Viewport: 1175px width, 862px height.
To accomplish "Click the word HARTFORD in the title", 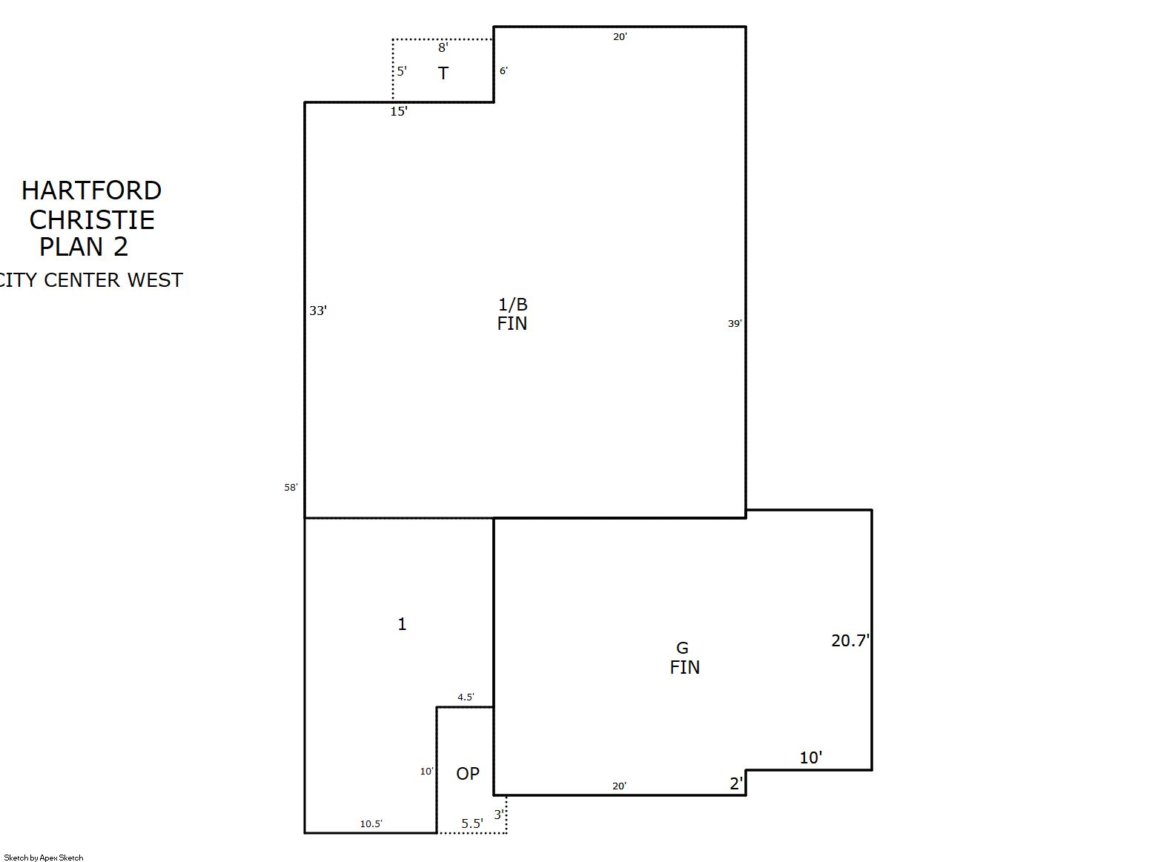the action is pyautogui.click(x=91, y=190).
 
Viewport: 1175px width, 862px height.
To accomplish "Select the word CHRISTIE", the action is pyautogui.click(x=92, y=219).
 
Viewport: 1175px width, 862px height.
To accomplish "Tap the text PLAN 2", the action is pyautogui.click(x=84, y=247).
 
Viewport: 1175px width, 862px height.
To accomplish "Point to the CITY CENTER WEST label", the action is pyautogui.click(x=90, y=280).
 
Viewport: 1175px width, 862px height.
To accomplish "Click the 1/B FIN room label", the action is pyautogui.click(x=512, y=314).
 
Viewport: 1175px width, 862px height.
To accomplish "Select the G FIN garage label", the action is pyautogui.click(x=684, y=658).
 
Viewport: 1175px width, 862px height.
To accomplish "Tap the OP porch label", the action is pyautogui.click(x=468, y=773).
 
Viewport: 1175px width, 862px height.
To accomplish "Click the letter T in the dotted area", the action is pyautogui.click(x=443, y=73).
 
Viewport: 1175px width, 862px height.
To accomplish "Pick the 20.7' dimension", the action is pyautogui.click(x=850, y=640).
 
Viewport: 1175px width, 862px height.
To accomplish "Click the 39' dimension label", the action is pyautogui.click(x=735, y=323).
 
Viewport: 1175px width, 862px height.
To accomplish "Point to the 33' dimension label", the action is pyautogui.click(x=318, y=311).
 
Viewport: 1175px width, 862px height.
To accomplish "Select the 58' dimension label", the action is pyautogui.click(x=291, y=487).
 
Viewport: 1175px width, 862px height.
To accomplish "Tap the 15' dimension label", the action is pyautogui.click(x=399, y=111).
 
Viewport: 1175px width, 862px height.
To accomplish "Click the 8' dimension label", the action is pyautogui.click(x=443, y=47).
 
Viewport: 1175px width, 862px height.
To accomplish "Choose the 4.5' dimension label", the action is pyautogui.click(x=466, y=697).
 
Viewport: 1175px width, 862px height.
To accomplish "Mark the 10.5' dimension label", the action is pyautogui.click(x=371, y=823).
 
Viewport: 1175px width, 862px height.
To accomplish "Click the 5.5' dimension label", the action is pyautogui.click(x=472, y=823).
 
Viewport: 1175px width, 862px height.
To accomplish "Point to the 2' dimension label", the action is pyautogui.click(x=736, y=783).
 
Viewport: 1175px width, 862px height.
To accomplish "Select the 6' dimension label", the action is pyautogui.click(x=503, y=71).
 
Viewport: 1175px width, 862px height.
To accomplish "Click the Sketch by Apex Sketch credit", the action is pyautogui.click(x=44, y=858).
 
